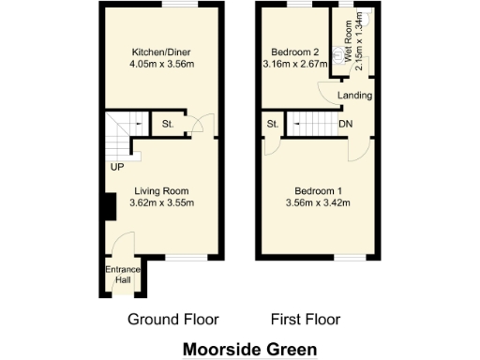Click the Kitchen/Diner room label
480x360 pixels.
(x=157, y=51)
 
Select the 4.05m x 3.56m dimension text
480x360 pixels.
(x=157, y=64)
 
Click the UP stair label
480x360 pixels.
(x=116, y=169)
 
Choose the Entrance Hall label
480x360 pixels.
(x=118, y=275)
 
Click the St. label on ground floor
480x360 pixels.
(x=168, y=123)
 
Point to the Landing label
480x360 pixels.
(x=356, y=96)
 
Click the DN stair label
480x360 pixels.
(x=346, y=123)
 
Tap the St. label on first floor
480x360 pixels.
(x=273, y=123)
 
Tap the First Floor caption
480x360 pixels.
(x=306, y=319)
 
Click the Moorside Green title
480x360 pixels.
(x=249, y=348)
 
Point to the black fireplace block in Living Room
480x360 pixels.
(x=109, y=206)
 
